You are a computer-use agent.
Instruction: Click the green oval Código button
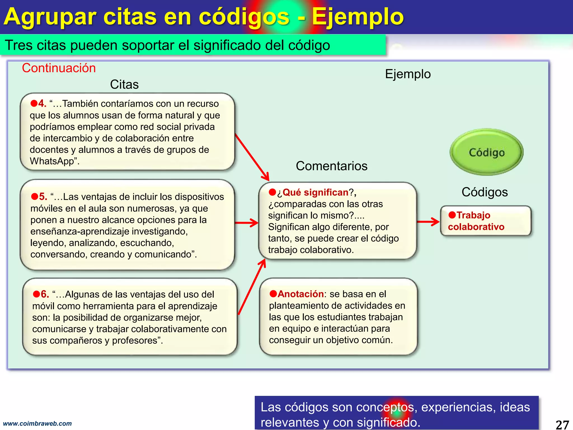[x=486, y=152]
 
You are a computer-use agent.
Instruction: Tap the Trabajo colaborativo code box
[x=485, y=221]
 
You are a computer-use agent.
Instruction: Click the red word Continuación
[x=59, y=68]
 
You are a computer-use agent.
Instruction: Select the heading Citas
[x=124, y=84]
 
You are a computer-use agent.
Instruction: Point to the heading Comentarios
[x=332, y=166]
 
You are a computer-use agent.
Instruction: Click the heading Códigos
[x=485, y=192]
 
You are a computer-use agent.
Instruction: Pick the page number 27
[x=562, y=424]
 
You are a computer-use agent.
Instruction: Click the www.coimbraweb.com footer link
[x=37, y=423]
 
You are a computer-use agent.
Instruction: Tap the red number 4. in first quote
[x=42, y=104]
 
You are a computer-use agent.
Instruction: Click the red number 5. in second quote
[x=43, y=197]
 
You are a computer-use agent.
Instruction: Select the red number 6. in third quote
[x=45, y=294]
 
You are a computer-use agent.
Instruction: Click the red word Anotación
[x=300, y=294]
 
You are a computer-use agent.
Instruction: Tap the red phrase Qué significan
[x=315, y=192]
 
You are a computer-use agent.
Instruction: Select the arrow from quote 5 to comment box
[x=246, y=223]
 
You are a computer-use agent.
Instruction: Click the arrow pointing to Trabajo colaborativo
[x=428, y=222]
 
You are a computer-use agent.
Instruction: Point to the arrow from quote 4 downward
[x=252, y=157]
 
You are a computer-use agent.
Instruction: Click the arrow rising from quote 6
[x=252, y=287]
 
